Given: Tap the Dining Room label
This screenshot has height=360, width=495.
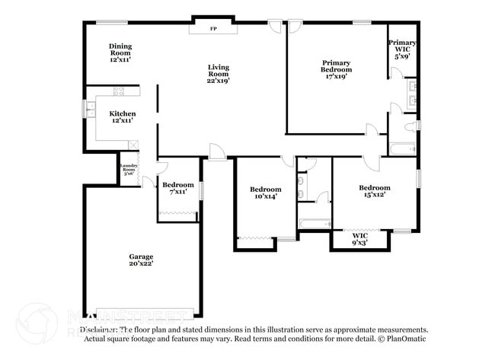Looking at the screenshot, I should point(120,52).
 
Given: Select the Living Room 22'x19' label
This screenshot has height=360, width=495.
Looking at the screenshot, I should point(219,73).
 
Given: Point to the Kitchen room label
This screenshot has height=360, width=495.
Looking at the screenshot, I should point(122,116).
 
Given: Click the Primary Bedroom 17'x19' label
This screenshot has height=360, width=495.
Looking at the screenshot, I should point(336,69).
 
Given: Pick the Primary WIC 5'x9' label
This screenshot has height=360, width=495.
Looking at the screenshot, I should point(402,50).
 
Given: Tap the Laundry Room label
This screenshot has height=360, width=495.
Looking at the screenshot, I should point(127,168).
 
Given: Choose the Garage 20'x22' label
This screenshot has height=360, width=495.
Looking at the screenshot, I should point(141,261).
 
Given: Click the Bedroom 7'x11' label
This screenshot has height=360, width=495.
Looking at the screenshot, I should point(178,188).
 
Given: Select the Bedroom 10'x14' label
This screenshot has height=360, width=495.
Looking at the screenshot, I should point(266,193).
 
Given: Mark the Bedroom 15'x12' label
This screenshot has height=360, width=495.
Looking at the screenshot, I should point(375,192).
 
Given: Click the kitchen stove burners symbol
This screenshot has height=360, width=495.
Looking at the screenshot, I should point(119,91).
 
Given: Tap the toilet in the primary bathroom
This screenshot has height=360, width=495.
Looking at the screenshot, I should point(410,125).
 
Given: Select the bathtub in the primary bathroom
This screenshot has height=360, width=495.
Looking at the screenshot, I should point(401,148).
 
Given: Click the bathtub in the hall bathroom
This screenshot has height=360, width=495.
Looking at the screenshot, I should point(313,224).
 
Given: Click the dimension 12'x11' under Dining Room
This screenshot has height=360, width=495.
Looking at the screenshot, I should point(120,59).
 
